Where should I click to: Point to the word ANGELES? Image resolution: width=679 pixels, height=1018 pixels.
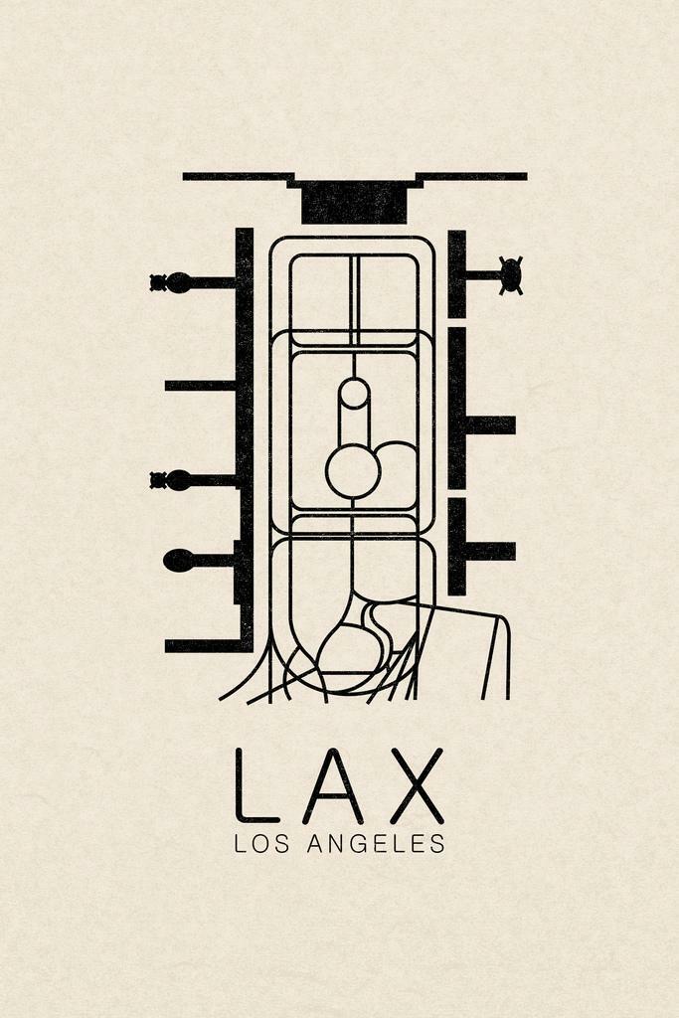(x=376, y=844)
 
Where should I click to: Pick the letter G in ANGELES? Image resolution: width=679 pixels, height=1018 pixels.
(x=360, y=844)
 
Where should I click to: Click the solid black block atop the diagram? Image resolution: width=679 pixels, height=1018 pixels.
(x=354, y=203)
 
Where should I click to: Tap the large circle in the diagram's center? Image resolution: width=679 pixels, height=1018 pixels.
(x=353, y=471)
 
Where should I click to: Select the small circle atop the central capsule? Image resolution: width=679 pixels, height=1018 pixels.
(x=353, y=394)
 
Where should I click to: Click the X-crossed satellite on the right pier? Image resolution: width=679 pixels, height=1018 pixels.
(x=510, y=275)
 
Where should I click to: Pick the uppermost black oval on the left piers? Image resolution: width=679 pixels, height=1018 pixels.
(x=178, y=282)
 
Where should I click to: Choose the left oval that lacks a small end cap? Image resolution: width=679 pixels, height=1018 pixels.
(x=178, y=561)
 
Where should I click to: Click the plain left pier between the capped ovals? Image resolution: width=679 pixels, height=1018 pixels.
(x=199, y=385)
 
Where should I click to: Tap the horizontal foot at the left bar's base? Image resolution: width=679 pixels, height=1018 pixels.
(x=204, y=646)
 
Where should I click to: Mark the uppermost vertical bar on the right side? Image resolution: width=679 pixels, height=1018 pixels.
(x=456, y=273)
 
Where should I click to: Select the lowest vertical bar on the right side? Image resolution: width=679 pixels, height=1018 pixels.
(x=456, y=546)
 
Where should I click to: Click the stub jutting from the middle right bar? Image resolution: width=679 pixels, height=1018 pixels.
(x=490, y=424)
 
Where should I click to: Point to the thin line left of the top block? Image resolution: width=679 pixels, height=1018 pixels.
(x=237, y=176)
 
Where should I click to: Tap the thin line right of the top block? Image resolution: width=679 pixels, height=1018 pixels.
(x=472, y=176)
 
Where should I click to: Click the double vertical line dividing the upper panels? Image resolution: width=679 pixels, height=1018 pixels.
(x=353, y=298)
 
